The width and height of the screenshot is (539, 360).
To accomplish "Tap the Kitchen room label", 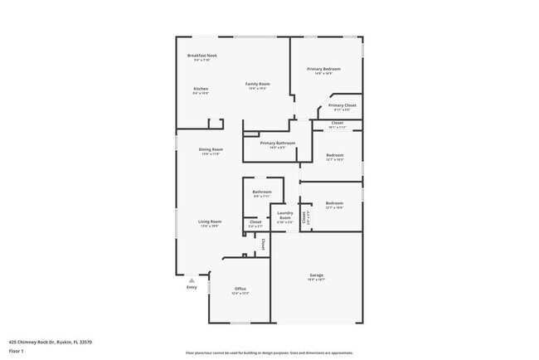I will click(201, 89).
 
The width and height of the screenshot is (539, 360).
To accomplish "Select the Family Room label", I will click(257, 84).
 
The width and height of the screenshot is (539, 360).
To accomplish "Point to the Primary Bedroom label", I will click(325, 69).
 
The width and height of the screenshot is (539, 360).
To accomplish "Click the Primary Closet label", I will click(342, 105).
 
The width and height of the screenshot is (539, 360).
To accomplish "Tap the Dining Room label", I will click(211, 149).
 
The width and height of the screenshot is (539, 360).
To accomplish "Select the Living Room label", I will click(210, 221).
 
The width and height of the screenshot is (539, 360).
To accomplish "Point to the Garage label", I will click(316, 275).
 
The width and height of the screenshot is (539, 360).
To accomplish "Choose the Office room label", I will click(240, 289).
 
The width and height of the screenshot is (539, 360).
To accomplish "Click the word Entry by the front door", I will click(192, 287).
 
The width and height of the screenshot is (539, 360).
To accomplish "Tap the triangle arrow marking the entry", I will click(192, 280).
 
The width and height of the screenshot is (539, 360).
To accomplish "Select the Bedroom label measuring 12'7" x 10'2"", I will click(334, 155).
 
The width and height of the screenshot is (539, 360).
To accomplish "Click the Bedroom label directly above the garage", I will click(334, 203).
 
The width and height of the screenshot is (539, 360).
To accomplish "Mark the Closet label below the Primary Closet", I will click(337, 123).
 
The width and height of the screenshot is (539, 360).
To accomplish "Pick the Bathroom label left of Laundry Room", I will click(262, 192).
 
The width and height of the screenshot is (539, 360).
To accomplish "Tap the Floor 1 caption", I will click(17, 351).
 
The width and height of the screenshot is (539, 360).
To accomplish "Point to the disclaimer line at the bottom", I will click(269, 352).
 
